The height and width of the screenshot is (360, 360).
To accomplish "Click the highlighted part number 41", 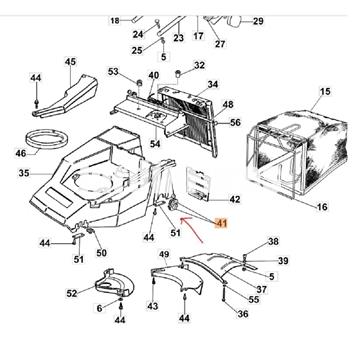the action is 221,223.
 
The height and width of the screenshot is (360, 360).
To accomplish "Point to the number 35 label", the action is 24,173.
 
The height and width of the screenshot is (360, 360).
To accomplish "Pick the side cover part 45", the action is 64,96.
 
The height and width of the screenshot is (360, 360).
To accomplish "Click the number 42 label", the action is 235,199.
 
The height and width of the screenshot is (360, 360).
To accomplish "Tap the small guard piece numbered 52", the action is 115,283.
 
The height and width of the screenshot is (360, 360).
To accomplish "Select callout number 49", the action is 164,255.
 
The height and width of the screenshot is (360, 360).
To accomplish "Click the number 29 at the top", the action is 258,21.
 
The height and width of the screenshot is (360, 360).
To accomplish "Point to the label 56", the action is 235,123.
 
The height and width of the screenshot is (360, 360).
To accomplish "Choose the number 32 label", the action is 199,65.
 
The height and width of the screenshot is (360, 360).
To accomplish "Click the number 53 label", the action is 113,71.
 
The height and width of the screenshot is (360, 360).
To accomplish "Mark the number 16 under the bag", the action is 322,207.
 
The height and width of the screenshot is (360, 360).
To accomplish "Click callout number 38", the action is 273,241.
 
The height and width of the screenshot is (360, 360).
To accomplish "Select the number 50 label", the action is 102,253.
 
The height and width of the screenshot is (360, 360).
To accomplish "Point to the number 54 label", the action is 155,144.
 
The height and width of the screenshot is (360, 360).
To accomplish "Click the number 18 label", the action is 115,21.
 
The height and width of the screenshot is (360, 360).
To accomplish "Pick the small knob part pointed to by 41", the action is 174,203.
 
